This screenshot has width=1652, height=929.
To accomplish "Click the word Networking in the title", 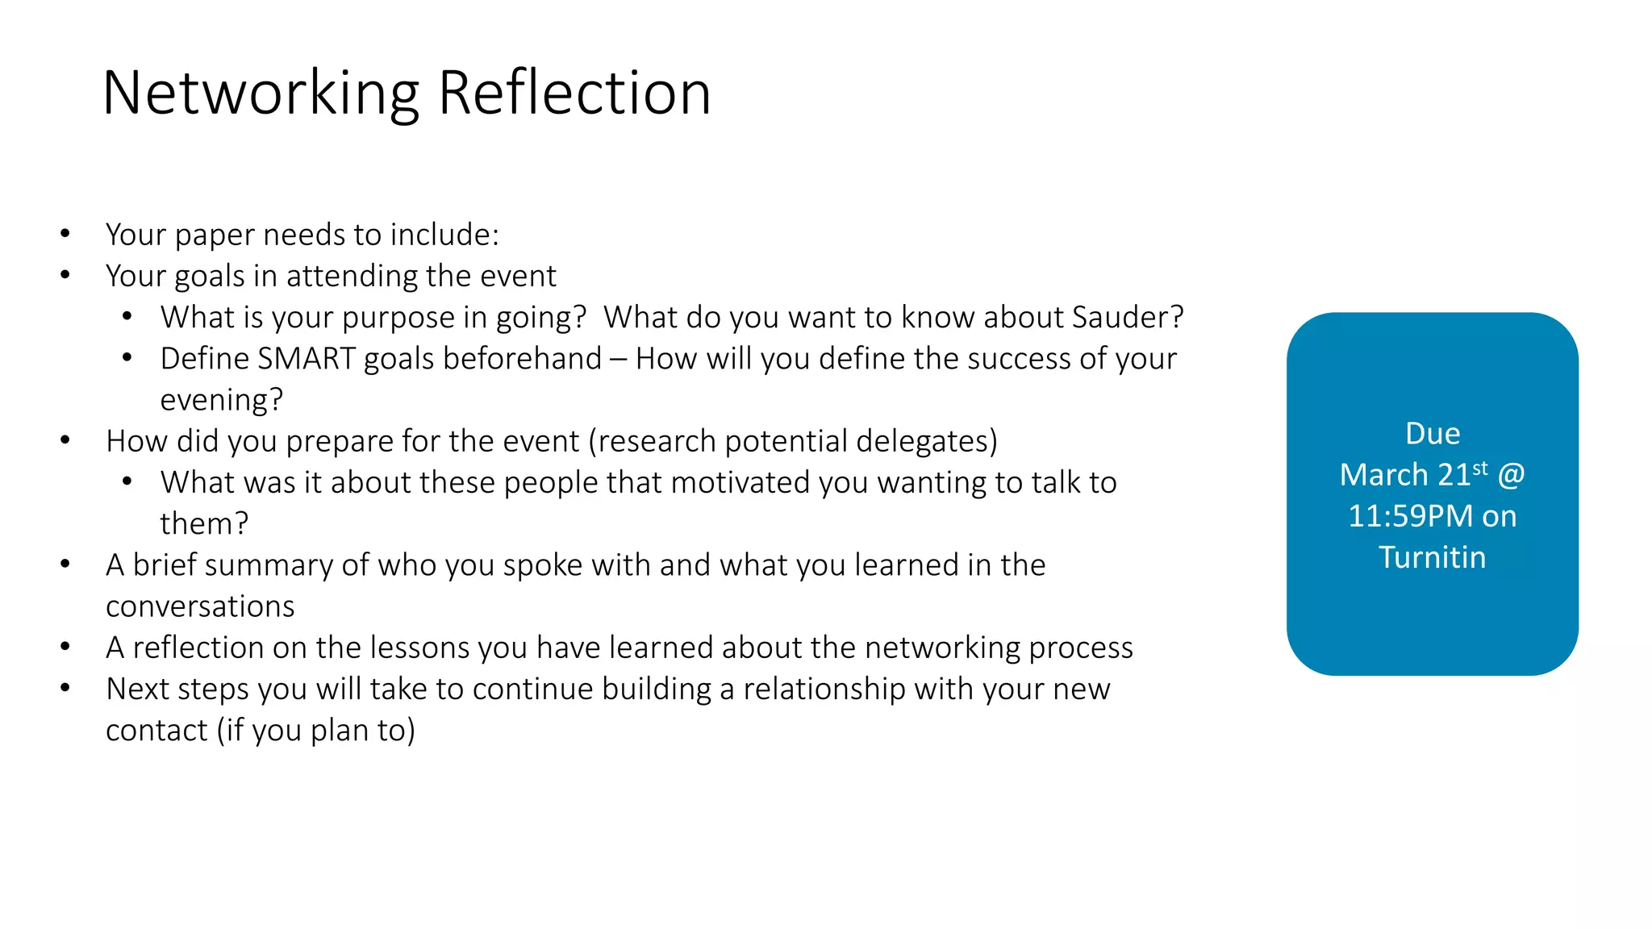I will [261, 94].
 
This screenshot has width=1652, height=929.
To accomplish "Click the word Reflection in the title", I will [574, 94].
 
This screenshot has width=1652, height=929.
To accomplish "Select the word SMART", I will [306, 359].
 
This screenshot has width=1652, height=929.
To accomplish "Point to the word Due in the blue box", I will [1433, 434].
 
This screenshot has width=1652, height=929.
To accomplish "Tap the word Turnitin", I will [1432, 557].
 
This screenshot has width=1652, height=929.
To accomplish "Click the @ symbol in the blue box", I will [1511, 475].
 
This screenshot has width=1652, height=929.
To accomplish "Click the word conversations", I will [200, 606].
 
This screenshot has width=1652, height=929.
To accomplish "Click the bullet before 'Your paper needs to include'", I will [65, 235].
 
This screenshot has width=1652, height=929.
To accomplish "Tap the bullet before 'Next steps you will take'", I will [65, 689].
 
